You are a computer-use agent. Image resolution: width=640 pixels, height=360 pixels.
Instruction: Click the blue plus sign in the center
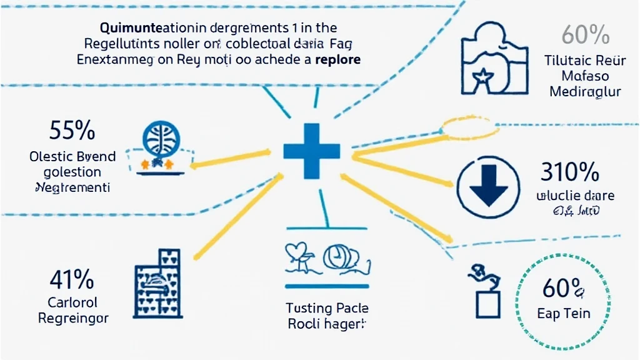[x=311, y=151]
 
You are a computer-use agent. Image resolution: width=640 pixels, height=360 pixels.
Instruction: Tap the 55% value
[x=72, y=131]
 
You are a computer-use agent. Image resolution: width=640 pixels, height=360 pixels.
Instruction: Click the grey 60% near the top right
[x=586, y=35]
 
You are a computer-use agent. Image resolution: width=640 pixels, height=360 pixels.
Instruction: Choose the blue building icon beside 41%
[x=157, y=281]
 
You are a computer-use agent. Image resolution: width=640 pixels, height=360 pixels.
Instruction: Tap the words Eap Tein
[x=564, y=314]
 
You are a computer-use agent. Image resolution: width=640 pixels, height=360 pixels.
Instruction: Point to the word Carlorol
[x=72, y=303]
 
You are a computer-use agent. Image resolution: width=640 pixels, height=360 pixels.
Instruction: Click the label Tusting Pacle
[x=327, y=308]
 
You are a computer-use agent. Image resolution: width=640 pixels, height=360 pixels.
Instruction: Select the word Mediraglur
[x=585, y=92]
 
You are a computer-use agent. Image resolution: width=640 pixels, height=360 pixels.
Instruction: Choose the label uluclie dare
[x=575, y=196]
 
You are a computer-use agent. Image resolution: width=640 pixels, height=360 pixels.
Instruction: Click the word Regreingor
[x=73, y=319]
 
